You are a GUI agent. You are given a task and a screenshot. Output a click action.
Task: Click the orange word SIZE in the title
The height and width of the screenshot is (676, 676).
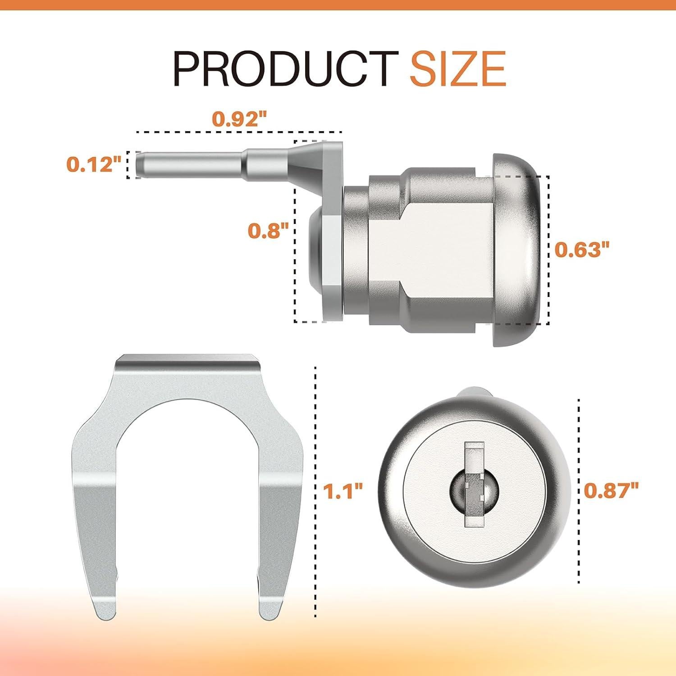(457, 69)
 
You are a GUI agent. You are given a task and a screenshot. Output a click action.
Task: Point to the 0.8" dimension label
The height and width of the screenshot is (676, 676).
(268, 231)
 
